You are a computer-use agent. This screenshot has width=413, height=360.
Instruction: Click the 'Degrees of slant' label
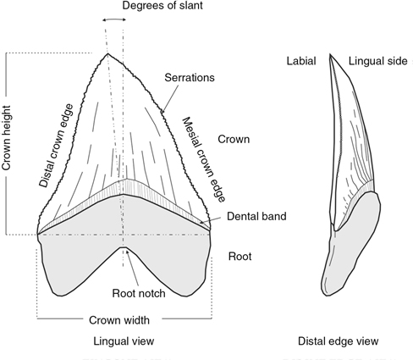tap(162, 5)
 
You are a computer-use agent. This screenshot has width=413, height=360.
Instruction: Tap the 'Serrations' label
tap(190, 78)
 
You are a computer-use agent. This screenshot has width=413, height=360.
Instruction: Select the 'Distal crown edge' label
tap(56, 146)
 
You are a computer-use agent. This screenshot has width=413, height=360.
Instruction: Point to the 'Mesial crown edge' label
tap(204, 160)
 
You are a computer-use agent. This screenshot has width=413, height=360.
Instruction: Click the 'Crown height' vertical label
tap(6, 138)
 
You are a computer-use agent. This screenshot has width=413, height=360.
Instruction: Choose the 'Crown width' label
tap(119, 320)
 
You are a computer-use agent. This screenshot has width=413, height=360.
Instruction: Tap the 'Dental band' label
tap(256, 216)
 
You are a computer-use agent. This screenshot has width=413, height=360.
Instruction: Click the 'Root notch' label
tap(139, 293)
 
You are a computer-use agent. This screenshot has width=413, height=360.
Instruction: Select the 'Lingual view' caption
tap(124, 341)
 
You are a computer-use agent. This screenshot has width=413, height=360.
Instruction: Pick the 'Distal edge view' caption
tap(339, 341)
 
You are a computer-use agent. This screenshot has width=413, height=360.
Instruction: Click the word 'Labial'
tap(301, 61)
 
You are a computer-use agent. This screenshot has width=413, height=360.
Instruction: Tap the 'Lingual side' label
tap(378, 61)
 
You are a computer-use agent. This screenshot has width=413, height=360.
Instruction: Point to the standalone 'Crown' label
tap(234, 140)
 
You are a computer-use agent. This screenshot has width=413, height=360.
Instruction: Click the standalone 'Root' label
tap(240, 257)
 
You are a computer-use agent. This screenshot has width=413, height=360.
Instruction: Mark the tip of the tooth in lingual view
tap(107, 53)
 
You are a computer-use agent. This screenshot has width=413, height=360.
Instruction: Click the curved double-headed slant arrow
tap(114, 19)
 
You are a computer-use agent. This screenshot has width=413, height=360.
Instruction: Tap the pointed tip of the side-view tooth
tap(330, 54)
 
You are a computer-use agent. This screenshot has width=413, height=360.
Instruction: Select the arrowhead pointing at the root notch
tap(128, 252)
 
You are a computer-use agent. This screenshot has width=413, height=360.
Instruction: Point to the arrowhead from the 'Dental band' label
tap(201, 222)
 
